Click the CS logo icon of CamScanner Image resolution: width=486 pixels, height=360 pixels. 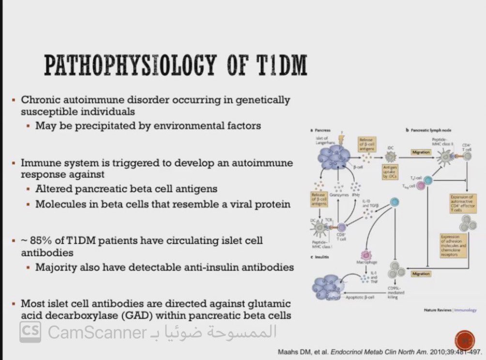click(x=31, y=332)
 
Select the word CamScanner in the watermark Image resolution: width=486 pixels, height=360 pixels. click(x=97, y=332)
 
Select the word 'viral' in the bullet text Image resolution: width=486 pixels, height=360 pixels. click(x=234, y=204)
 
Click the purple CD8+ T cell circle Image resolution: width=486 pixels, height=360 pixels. click(x=342, y=227)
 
